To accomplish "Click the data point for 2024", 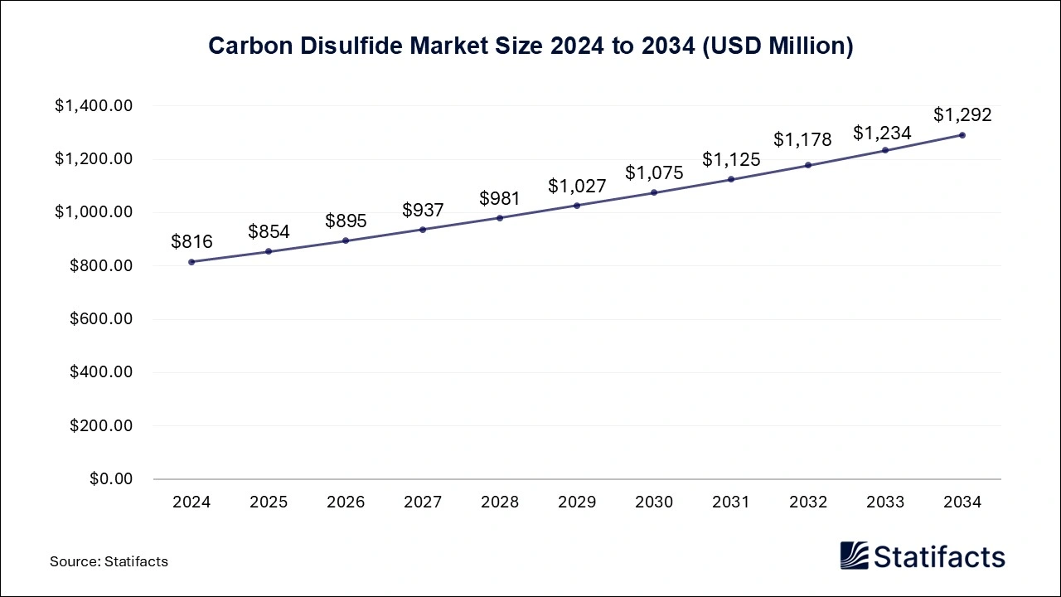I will click(x=191, y=262).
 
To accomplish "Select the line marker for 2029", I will click(x=577, y=206).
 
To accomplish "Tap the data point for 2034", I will click(x=962, y=135).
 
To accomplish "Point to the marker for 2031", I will click(x=731, y=179).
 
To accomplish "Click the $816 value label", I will click(x=191, y=242).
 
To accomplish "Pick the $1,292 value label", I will click(x=962, y=115).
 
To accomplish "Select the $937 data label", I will click(x=423, y=211).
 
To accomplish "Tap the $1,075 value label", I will click(x=654, y=173).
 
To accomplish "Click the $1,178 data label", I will click(x=808, y=140).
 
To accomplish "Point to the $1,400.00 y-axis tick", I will click(x=94, y=106).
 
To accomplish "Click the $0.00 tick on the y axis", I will click(x=112, y=479).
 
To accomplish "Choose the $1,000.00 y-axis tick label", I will click(x=94, y=212).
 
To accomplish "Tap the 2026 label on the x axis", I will click(x=346, y=502).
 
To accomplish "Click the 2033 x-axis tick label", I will click(x=885, y=502).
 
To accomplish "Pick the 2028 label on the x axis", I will click(x=500, y=502).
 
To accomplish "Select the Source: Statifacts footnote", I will click(x=109, y=561).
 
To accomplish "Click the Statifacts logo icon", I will click(x=855, y=556).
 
